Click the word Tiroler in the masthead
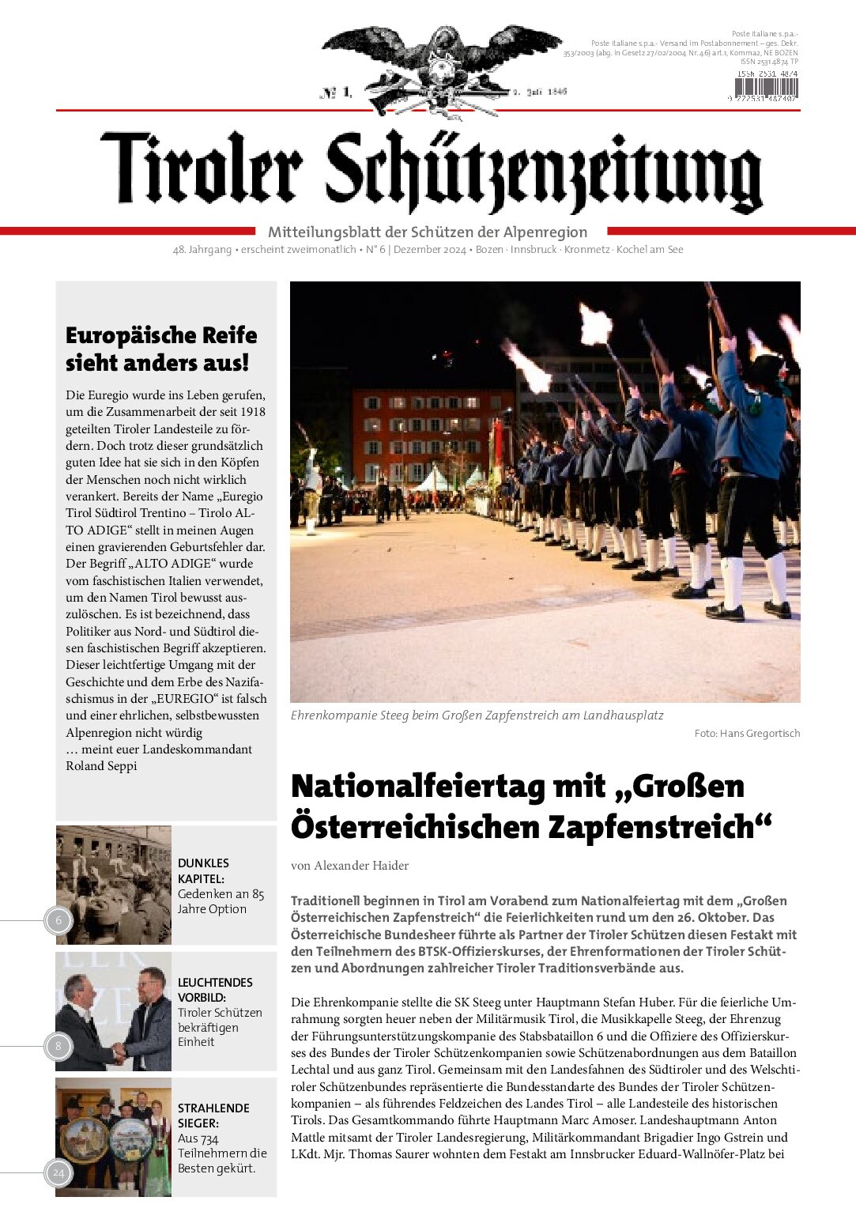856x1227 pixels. [x=202, y=168]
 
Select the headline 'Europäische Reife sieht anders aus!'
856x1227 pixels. [x=161, y=349]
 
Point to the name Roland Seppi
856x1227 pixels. [x=101, y=765]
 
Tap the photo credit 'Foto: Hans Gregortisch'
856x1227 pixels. [x=747, y=734]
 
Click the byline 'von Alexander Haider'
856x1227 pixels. [x=349, y=866]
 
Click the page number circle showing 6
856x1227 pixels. [x=58, y=920]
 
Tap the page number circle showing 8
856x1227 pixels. [x=58, y=1047]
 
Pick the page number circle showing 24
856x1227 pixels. [x=58, y=1172]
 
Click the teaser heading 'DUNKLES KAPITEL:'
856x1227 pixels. [x=203, y=870]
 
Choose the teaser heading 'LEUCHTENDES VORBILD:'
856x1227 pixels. [x=215, y=990]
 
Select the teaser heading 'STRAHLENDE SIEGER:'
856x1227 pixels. [x=213, y=1116]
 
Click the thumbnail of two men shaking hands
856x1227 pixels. [x=114, y=1012]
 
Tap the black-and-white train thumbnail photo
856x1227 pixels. [x=114, y=885]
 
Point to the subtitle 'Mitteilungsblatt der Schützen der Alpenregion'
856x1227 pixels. [x=428, y=232]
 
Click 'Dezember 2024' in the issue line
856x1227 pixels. [x=430, y=250]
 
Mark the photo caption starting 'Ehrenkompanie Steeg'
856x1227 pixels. [x=477, y=715]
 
